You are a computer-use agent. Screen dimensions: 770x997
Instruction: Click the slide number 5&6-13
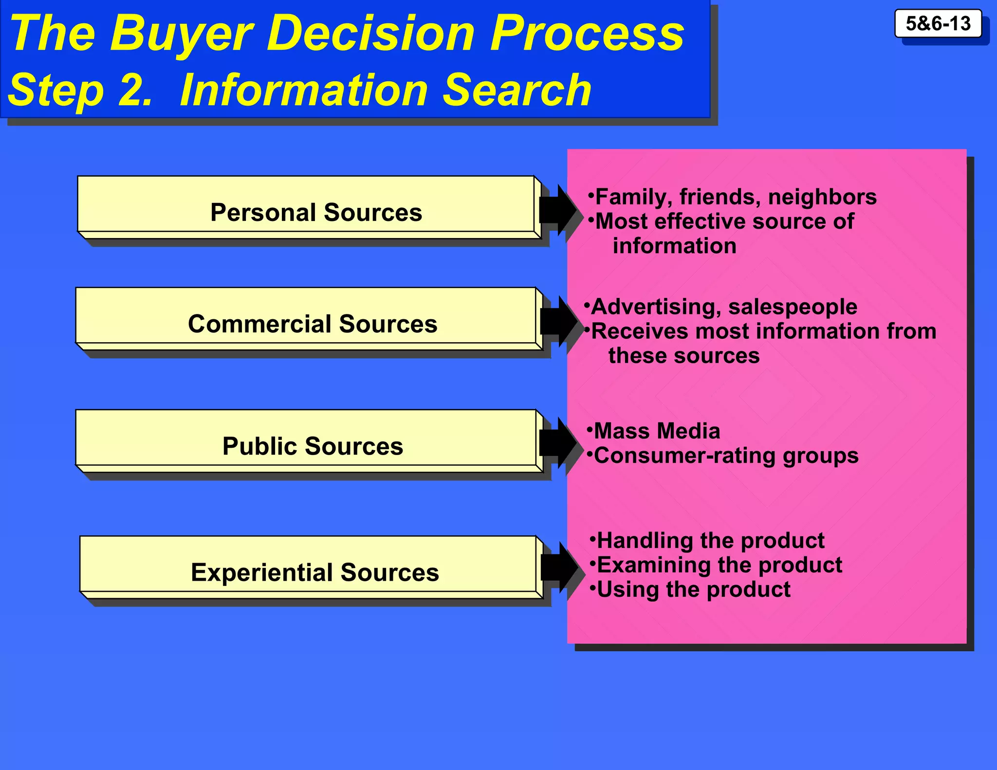coord(938,23)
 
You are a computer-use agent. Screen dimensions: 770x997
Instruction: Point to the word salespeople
coord(793,307)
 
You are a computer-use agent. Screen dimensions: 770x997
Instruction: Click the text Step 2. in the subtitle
coord(80,91)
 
